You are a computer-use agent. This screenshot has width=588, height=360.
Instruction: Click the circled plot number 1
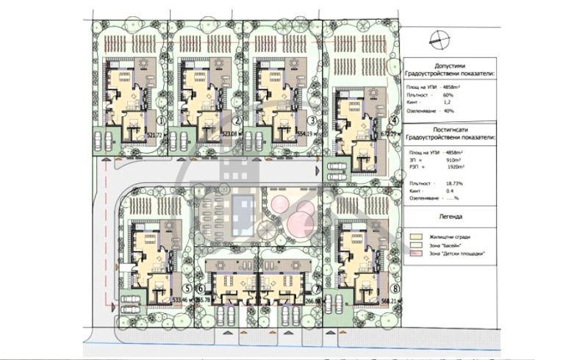coord(161,121)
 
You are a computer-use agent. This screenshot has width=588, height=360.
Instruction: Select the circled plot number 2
coord(237,121)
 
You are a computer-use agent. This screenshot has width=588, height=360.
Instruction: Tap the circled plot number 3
coord(312,121)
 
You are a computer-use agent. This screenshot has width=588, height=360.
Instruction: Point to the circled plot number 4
coord(394,121)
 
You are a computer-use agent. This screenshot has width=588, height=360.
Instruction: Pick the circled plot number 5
coord(188,289)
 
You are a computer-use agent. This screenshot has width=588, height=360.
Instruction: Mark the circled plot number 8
coord(395,289)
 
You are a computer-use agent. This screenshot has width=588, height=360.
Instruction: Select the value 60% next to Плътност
coord(448,95)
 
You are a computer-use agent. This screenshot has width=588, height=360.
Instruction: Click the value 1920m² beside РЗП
coord(453,168)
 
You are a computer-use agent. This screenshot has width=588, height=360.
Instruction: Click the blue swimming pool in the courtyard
coord(242,213)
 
